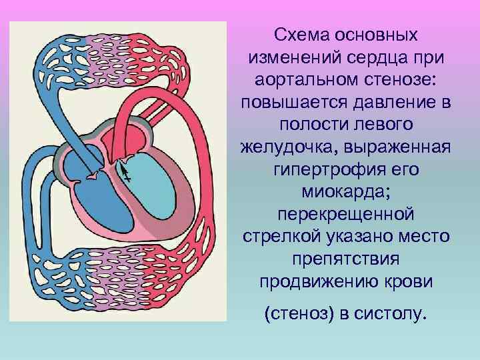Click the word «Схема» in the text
coord(303,33)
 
